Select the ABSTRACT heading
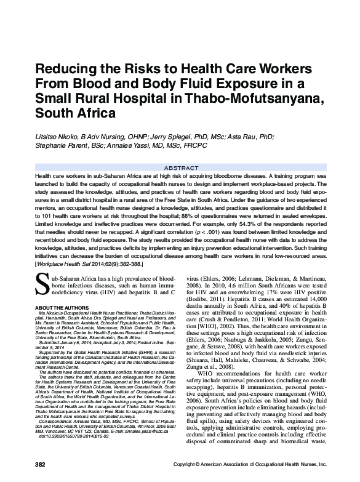pos(180,167)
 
